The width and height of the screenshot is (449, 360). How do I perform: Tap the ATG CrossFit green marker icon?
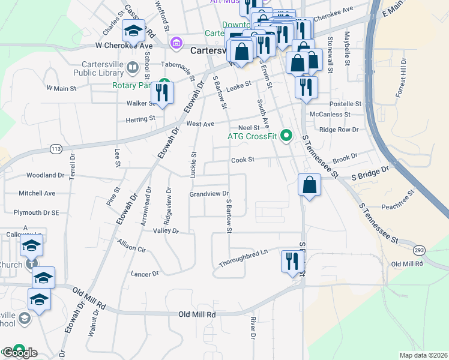(286, 136)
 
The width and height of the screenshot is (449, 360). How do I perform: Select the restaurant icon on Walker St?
(162, 92)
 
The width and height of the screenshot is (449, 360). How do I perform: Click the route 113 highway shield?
(56, 148)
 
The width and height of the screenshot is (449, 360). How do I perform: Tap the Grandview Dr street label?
(209, 194)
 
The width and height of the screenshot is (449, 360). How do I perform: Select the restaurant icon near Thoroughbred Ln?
(293, 261)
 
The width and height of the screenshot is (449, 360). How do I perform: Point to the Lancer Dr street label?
(144, 274)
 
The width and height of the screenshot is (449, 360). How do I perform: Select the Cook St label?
(243, 160)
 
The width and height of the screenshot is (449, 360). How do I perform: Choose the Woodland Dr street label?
(45, 175)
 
